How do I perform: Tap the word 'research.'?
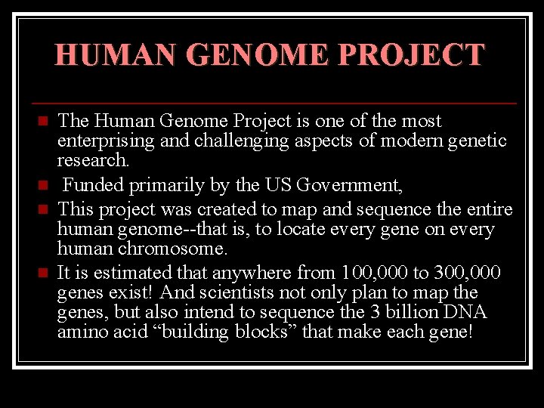click(94, 161)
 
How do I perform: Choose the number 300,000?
click(473, 272)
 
